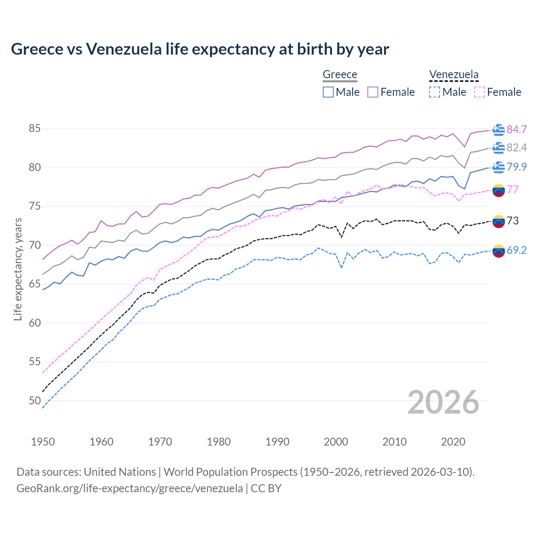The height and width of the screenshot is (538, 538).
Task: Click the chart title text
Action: click(x=200, y=49)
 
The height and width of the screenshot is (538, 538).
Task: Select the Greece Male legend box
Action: click(x=328, y=92)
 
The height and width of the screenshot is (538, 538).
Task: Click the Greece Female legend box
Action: click(x=373, y=92)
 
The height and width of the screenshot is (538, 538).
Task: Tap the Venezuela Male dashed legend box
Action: click(x=435, y=92)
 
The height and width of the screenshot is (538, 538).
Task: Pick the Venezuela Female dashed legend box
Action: click(x=480, y=92)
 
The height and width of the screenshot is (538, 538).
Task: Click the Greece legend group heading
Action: click(x=340, y=75)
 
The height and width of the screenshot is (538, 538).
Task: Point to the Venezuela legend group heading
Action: click(x=454, y=75)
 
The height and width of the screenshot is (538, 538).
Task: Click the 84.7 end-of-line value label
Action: click(x=517, y=129)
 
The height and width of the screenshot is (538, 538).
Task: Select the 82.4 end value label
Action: click(x=517, y=148)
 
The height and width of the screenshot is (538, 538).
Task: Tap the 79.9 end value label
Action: click(x=517, y=167)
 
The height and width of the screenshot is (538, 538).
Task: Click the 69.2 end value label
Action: click(x=517, y=250)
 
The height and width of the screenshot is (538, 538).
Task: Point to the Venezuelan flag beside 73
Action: click(x=498, y=221)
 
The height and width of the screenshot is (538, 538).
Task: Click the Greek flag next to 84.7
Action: click(x=498, y=130)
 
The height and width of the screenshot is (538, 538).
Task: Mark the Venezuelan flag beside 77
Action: click(x=498, y=190)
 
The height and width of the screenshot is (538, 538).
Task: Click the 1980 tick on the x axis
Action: click(x=219, y=442)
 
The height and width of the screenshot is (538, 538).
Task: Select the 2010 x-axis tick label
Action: click(x=394, y=442)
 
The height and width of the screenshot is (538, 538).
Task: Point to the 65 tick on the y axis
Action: click(x=35, y=284)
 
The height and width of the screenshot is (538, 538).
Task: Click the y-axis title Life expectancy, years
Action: click(x=18, y=269)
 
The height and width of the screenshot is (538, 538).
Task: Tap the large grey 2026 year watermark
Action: click(x=443, y=403)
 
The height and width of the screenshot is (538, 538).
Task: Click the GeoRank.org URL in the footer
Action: click(x=129, y=488)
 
